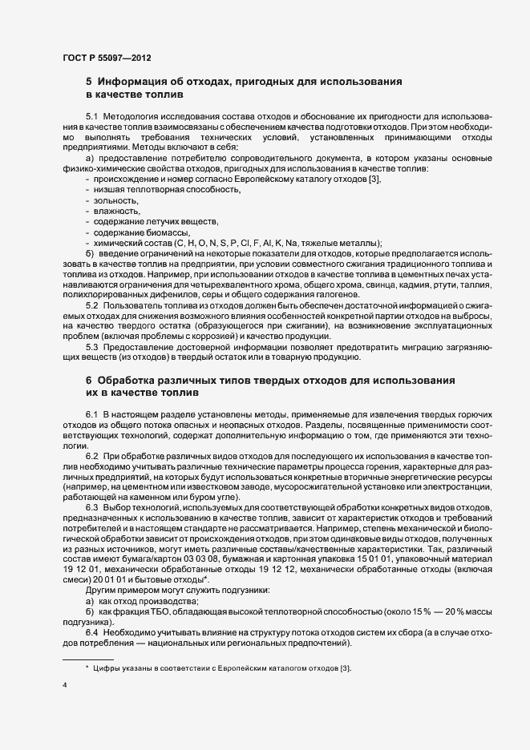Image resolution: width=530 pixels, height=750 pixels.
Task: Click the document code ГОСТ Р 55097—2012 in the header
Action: tap(107, 58)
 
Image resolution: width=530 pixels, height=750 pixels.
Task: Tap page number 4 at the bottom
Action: tap(65, 685)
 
